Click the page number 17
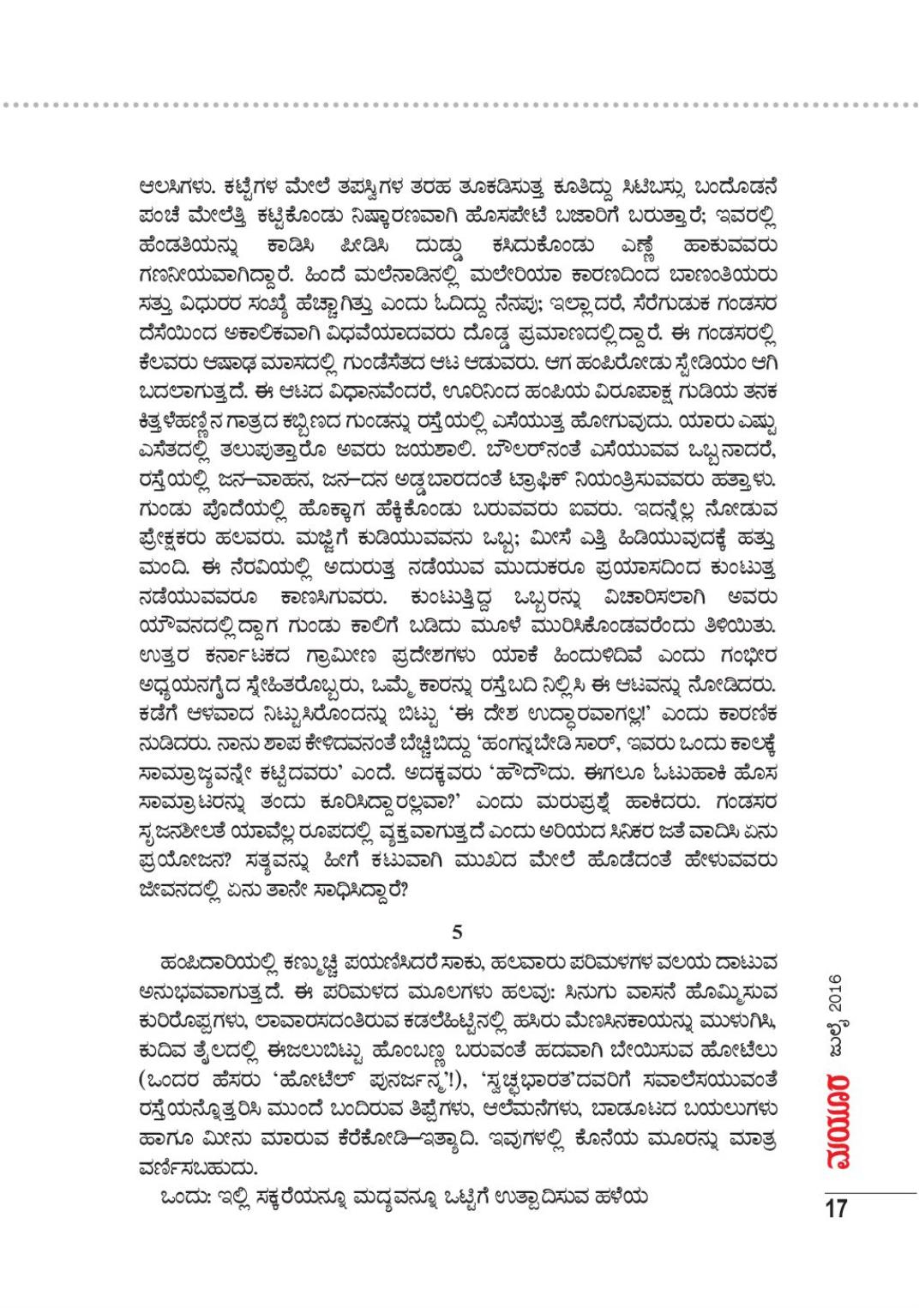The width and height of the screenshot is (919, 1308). point(836,1209)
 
